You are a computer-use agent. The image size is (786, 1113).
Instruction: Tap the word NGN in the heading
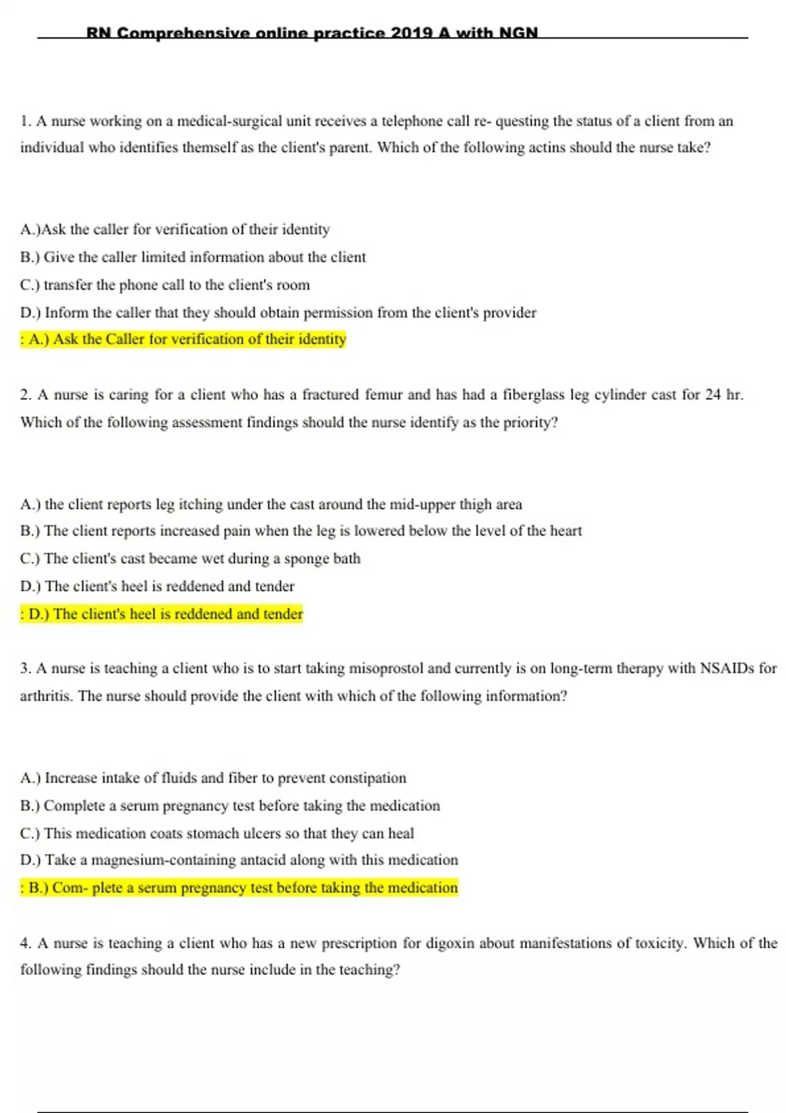pyautogui.click(x=518, y=33)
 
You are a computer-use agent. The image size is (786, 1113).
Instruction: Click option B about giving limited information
pyautogui.click(x=193, y=257)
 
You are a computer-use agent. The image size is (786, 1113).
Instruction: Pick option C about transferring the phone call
pyautogui.click(x=165, y=285)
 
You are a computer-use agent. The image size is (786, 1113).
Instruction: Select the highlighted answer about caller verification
pyautogui.click(x=183, y=339)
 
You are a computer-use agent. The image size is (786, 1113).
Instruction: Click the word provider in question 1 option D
pyautogui.click(x=509, y=313)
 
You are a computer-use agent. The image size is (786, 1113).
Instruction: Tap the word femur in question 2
pyautogui.click(x=383, y=395)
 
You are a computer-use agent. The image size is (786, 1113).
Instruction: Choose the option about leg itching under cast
pyautogui.click(x=271, y=505)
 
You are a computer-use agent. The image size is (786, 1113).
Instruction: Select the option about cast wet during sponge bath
pyautogui.click(x=191, y=558)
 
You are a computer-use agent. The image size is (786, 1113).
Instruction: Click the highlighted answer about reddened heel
pyautogui.click(x=162, y=614)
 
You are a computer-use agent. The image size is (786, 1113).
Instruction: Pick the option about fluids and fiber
pyautogui.click(x=214, y=778)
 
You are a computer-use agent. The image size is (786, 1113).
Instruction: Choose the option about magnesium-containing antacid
pyautogui.click(x=239, y=860)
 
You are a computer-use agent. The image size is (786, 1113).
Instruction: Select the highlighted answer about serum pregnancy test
pyautogui.click(x=239, y=888)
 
